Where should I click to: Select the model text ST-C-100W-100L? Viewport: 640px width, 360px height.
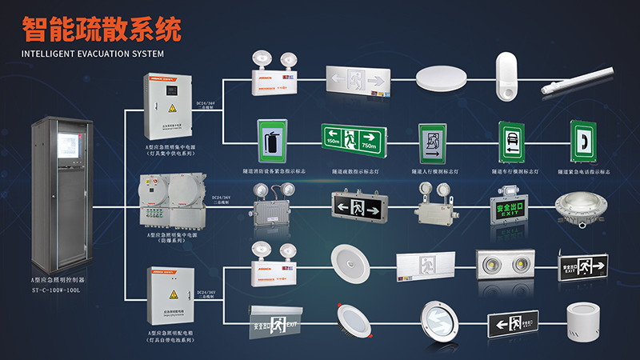click(x=61, y=290)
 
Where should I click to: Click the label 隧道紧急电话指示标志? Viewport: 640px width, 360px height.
click(x=585, y=171)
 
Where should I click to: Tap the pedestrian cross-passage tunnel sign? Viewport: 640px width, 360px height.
click(x=435, y=142)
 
